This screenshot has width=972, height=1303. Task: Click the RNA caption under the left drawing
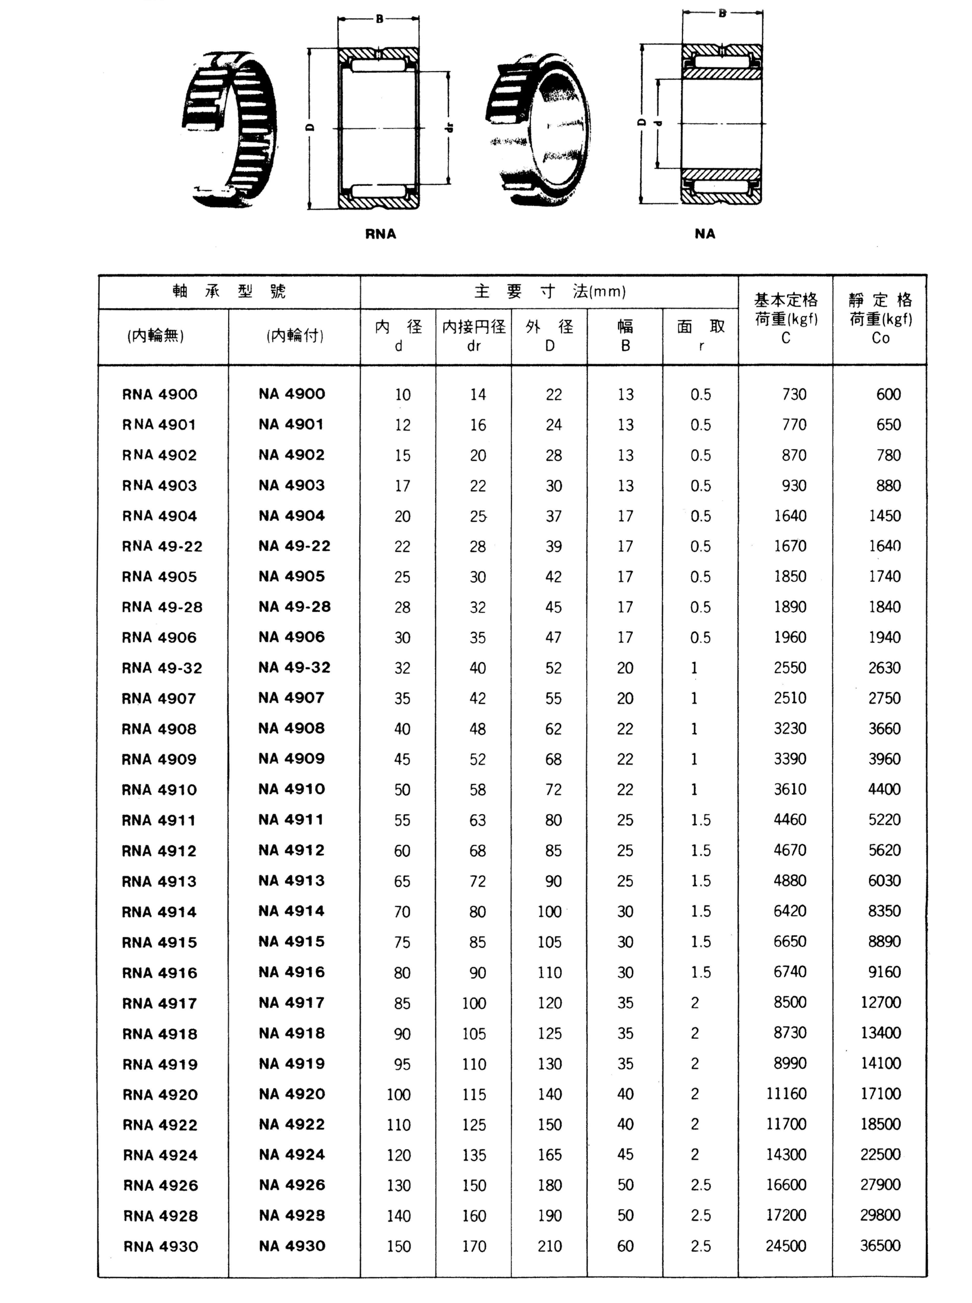(x=381, y=234)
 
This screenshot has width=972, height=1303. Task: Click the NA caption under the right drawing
(x=705, y=234)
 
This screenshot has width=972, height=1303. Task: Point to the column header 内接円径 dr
(x=474, y=336)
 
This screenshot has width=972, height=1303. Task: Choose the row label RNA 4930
(x=161, y=1247)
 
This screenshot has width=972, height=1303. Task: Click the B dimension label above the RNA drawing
(x=379, y=19)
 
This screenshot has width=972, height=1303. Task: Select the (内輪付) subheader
(x=294, y=336)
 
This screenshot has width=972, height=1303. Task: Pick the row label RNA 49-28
(x=162, y=607)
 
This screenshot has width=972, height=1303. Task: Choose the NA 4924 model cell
(x=292, y=1155)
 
